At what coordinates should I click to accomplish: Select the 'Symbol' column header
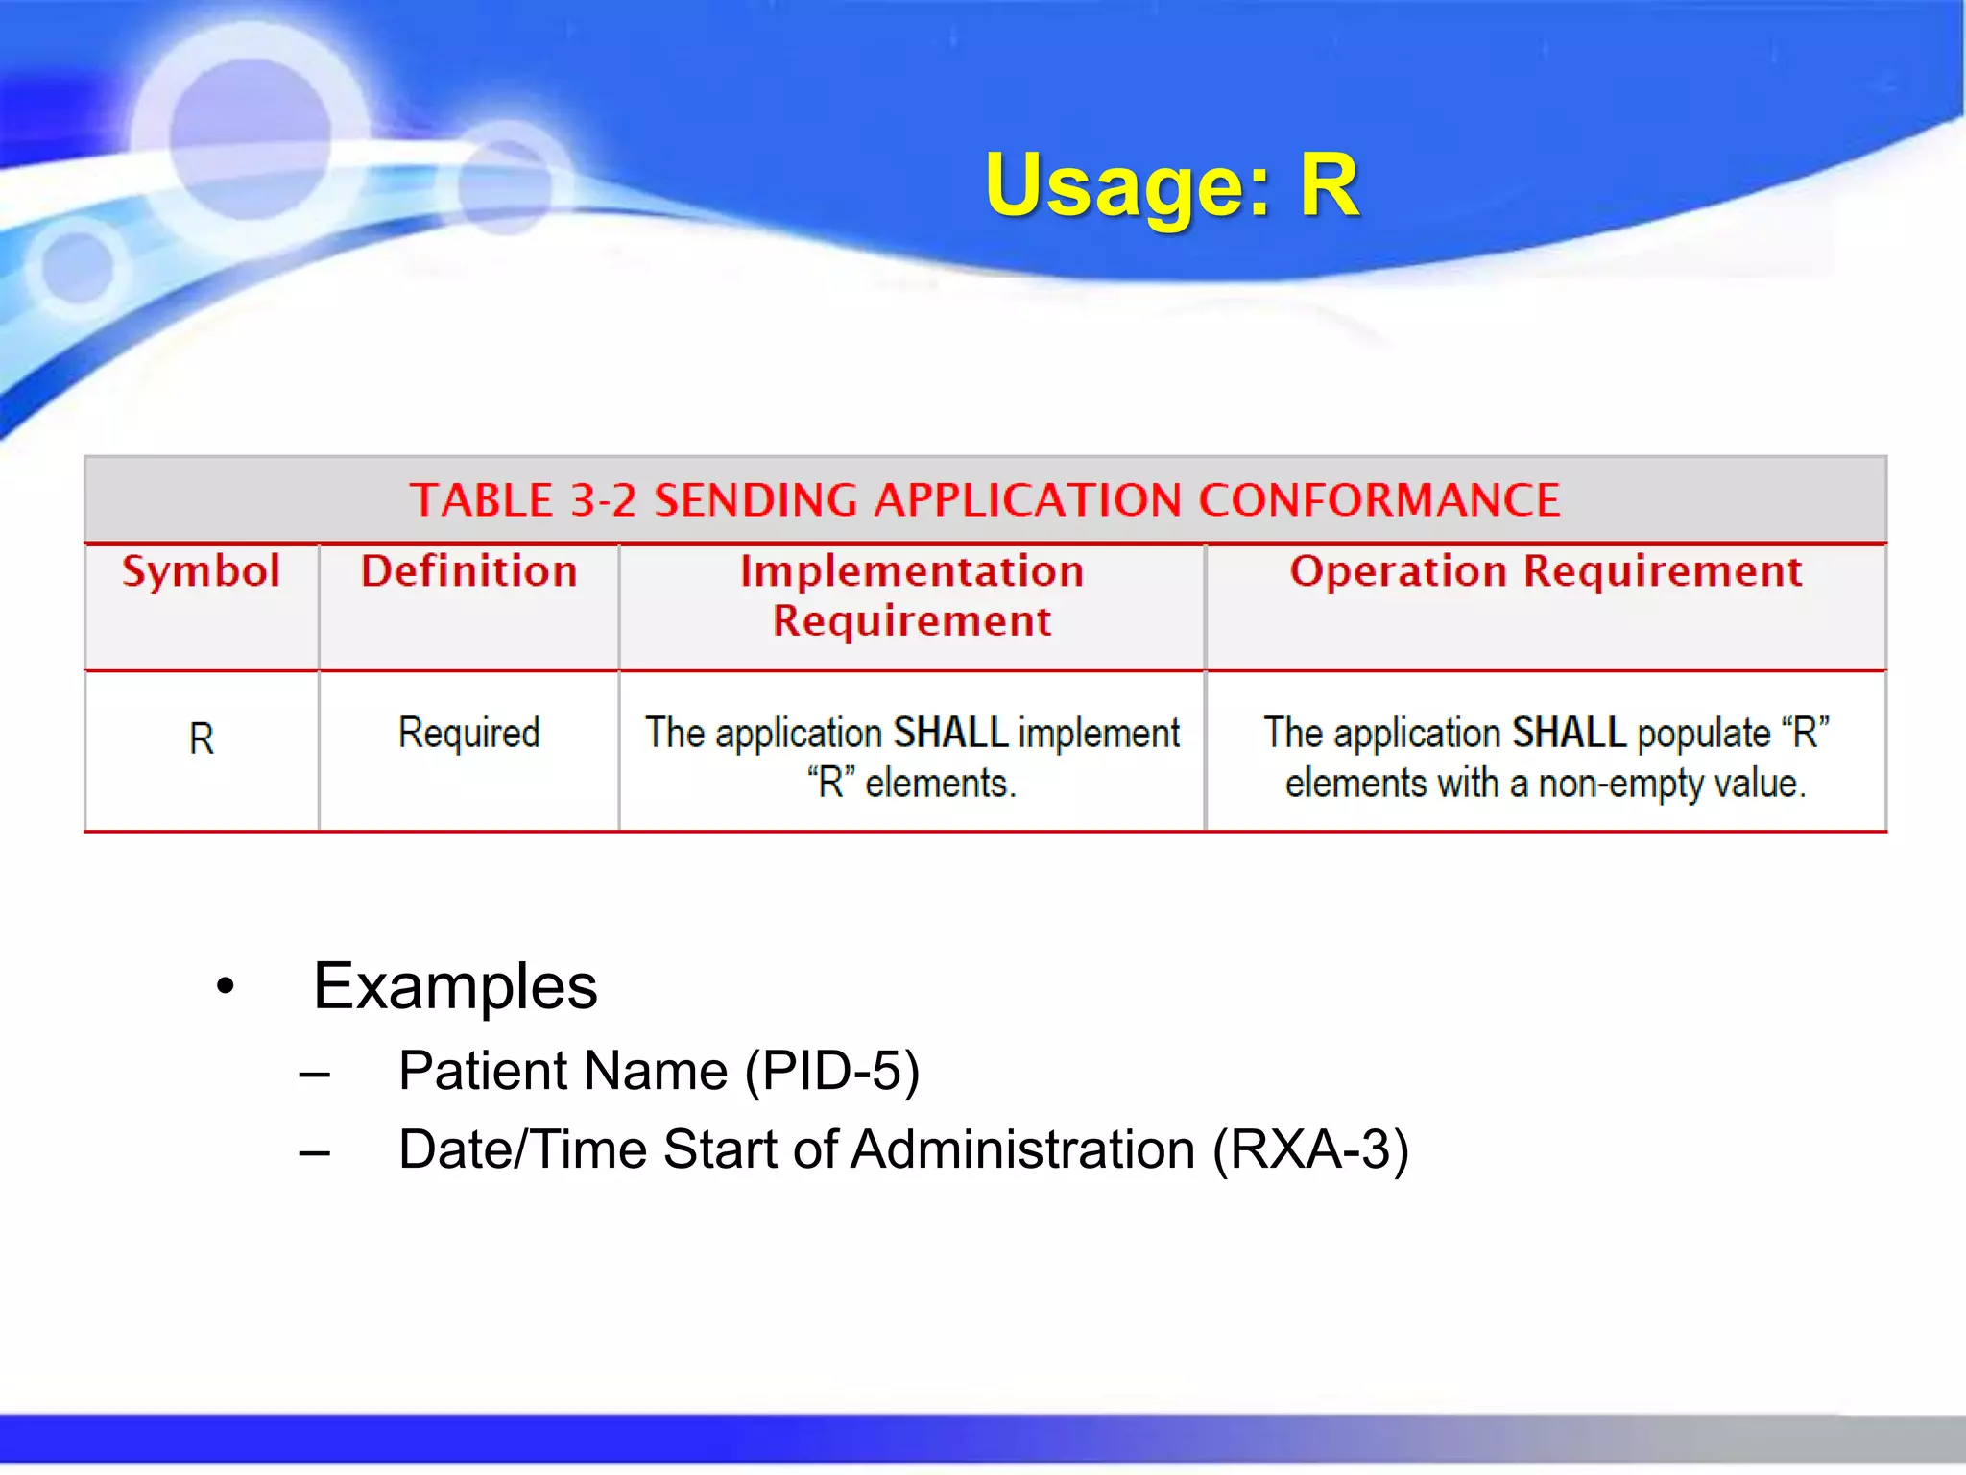tap(202, 571)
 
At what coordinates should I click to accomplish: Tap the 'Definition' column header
tap(468, 571)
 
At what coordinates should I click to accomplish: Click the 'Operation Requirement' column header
tap(1546, 571)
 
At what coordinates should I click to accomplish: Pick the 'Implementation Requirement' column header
tap(912, 595)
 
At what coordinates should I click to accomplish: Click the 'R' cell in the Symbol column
tap(202, 738)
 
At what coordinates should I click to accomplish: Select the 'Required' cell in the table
tap(468, 733)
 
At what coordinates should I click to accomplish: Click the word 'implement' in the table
tap(1098, 733)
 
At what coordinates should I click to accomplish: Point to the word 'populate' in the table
tap(1703, 733)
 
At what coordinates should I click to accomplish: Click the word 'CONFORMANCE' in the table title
tap(1379, 500)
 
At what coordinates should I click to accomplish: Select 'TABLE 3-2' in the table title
tap(522, 500)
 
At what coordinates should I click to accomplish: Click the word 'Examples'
tap(455, 986)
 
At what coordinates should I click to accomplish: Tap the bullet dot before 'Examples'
tap(226, 986)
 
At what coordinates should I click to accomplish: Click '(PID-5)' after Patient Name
tap(832, 1071)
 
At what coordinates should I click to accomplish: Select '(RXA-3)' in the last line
tap(1310, 1149)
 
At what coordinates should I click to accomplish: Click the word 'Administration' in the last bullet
tap(1022, 1149)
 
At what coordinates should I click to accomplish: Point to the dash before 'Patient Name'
tap(314, 1074)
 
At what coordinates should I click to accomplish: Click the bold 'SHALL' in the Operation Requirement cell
tap(1569, 733)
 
